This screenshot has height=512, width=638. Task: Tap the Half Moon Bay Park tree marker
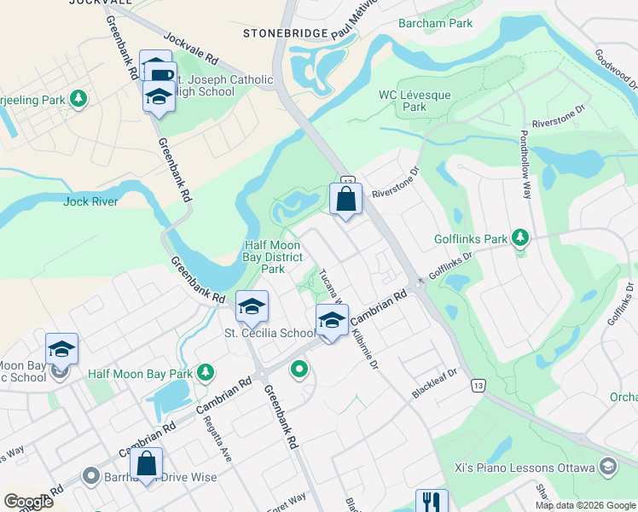point(205,373)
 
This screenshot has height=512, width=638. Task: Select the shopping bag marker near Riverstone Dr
point(346,201)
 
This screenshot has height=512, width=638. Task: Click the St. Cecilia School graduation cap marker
point(252,307)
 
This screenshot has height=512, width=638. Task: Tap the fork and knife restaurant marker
point(432,502)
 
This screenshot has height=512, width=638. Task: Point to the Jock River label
point(90,202)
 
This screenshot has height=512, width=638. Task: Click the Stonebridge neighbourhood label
point(285,33)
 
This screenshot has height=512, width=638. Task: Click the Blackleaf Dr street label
point(436,375)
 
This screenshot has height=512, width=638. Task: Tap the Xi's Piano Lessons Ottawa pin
point(607,466)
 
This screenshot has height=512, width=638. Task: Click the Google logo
point(29,502)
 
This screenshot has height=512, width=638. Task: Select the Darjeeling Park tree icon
point(78,100)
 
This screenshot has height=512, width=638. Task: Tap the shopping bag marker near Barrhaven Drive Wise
point(147,465)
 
